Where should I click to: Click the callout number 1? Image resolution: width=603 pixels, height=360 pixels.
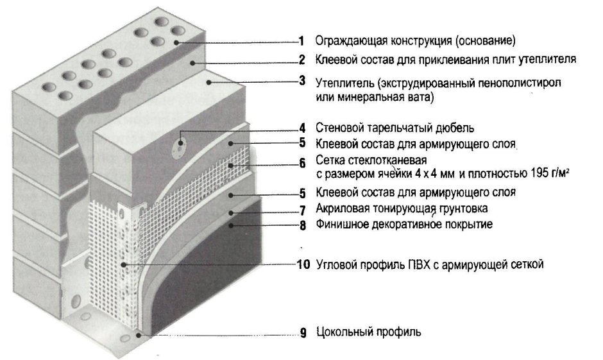tap(301, 41)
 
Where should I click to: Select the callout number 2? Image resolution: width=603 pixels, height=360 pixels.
tap(301, 60)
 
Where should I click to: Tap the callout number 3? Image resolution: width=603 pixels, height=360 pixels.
tap(301, 81)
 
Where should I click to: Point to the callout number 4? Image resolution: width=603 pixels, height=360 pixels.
tap(302, 128)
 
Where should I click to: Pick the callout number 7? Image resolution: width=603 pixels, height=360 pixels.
tap(302, 210)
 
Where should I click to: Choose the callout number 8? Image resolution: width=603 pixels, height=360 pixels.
tap(302, 225)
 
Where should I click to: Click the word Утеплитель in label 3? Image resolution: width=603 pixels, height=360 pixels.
tap(344, 83)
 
